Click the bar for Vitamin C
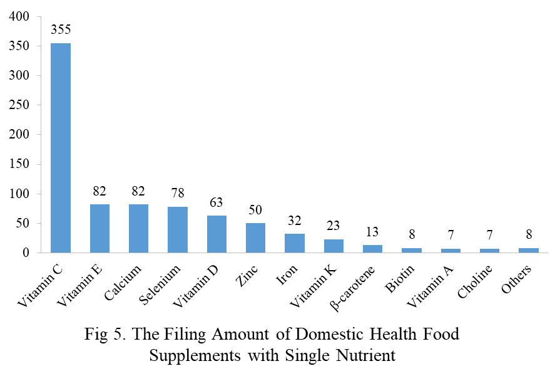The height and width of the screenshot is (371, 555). pyautogui.click(x=61, y=148)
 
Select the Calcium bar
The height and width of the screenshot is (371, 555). pyautogui.click(x=138, y=228)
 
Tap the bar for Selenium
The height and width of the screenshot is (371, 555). pyautogui.click(x=177, y=229)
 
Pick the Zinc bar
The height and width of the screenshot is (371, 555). pyautogui.click(x=255, y=238)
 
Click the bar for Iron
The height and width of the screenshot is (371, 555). pyautogui.click(x=294, y=243)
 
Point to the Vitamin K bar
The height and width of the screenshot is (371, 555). pyautogui.click(x=333, y=246)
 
